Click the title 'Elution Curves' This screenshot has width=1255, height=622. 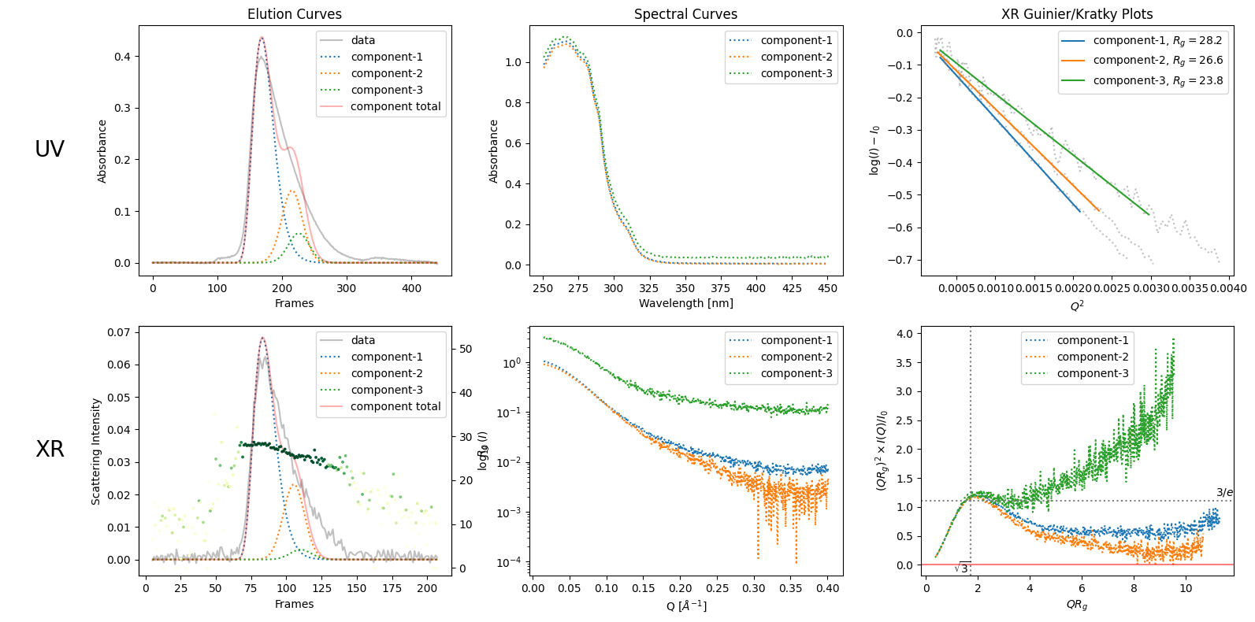pos(294,14)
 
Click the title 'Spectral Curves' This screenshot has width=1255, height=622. pos(685,14)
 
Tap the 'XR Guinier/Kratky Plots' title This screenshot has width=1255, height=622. pos(1076,14)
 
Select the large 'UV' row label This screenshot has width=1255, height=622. pos(50,150)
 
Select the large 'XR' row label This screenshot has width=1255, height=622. pos(50,450)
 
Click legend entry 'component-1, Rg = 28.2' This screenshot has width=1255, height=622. pos(1157,40)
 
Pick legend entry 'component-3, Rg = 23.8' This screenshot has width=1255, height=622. pos(1157,80)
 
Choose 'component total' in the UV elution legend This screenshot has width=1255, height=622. pos(395,106)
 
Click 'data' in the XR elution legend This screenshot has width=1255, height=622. pos(362,340)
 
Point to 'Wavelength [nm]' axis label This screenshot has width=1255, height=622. pos(685,303)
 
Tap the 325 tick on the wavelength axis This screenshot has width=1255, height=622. pos(648,288)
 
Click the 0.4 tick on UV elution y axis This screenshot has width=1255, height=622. pos(122,57)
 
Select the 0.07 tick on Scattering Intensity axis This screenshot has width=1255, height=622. pos(119,332)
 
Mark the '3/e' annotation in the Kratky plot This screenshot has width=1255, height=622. pos(1224,493)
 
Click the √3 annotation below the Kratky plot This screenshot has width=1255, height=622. pos(962,568)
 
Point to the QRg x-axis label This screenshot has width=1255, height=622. pos(1076,605)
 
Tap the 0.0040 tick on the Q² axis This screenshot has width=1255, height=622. pos(1228,288)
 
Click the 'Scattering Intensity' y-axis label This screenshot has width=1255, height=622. pos(96,451)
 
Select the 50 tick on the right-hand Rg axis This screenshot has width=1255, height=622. pos(466,349)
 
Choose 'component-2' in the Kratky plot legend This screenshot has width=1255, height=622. pos(1092,357)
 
